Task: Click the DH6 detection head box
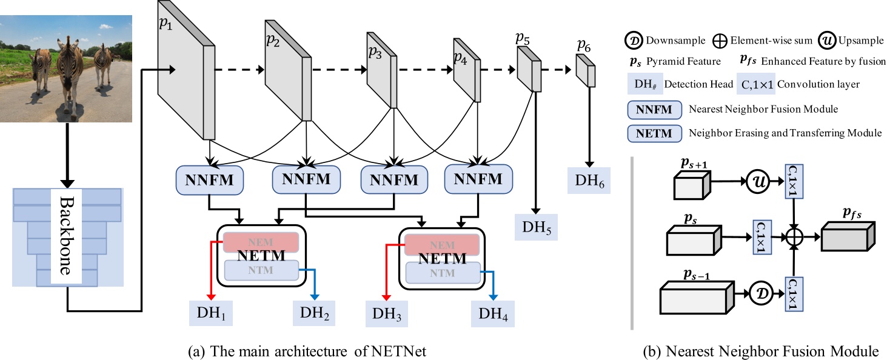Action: click(x=587, y=181)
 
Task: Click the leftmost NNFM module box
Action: click(x=209, y=180)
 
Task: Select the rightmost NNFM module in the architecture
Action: click(x=478, y=179)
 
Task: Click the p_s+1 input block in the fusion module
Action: click(x=690, y=184)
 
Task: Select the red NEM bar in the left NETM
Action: click(x=261, y=241)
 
